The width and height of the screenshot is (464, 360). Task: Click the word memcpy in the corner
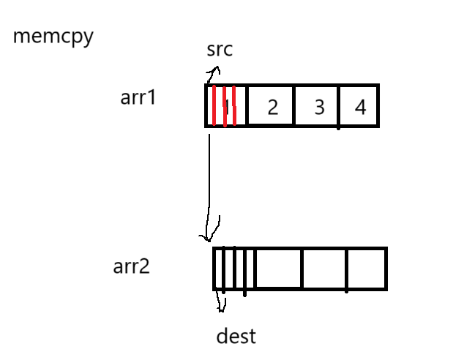pyautogui.click(x=53, y=37)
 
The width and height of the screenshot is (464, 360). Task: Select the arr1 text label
pyautogui.click(x=138, y=97)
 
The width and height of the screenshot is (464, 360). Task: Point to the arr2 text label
pyautogui.click(x=131, y=266)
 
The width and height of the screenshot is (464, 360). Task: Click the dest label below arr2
pyautogui.click(x=236, y=337)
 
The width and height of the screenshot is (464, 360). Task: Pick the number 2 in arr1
pyautogui.click(x=272, y=108)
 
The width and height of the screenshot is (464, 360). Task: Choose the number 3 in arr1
pyautogui.click(x=319, y=108)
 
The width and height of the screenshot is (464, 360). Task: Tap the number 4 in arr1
pyautogui.click(x=360, y=108)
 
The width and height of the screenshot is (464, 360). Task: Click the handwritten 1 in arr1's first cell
pyautogui.click(x=228, y=107)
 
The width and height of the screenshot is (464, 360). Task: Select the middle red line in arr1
pyautogui.click(x=224, y=106)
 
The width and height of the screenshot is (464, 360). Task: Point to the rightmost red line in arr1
pyautogui.click(x=234, y=106)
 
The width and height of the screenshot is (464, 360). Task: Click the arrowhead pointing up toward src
pyautogui.click(x=213, y=72)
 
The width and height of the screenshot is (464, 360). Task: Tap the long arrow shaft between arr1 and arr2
pyautogui.click(x=209, y=176)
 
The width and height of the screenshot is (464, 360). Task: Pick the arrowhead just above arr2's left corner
pyautogui.click(x=206, y=236)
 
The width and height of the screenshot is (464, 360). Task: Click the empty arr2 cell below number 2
pyautogui.click(x=278, y=269)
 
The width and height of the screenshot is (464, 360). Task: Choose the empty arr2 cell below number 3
pyautogui.click(x=323, y=269)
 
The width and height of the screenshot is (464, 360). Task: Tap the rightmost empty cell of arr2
pyautogui.click(x=366, y=269)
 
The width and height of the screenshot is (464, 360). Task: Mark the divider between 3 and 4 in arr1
pyautogui.click(x=339, y=106)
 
